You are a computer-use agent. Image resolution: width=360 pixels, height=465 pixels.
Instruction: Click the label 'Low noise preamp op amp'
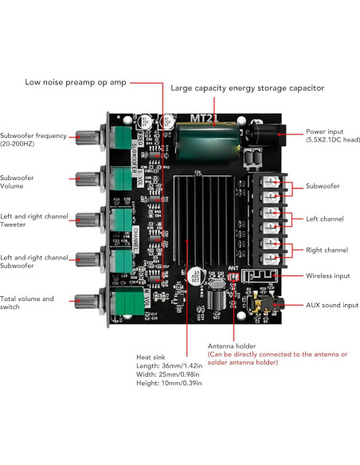point(74,82)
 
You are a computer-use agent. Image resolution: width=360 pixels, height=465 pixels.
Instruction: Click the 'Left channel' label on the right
point(325,217)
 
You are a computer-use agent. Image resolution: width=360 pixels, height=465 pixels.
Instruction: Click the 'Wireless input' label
point(328,275)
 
